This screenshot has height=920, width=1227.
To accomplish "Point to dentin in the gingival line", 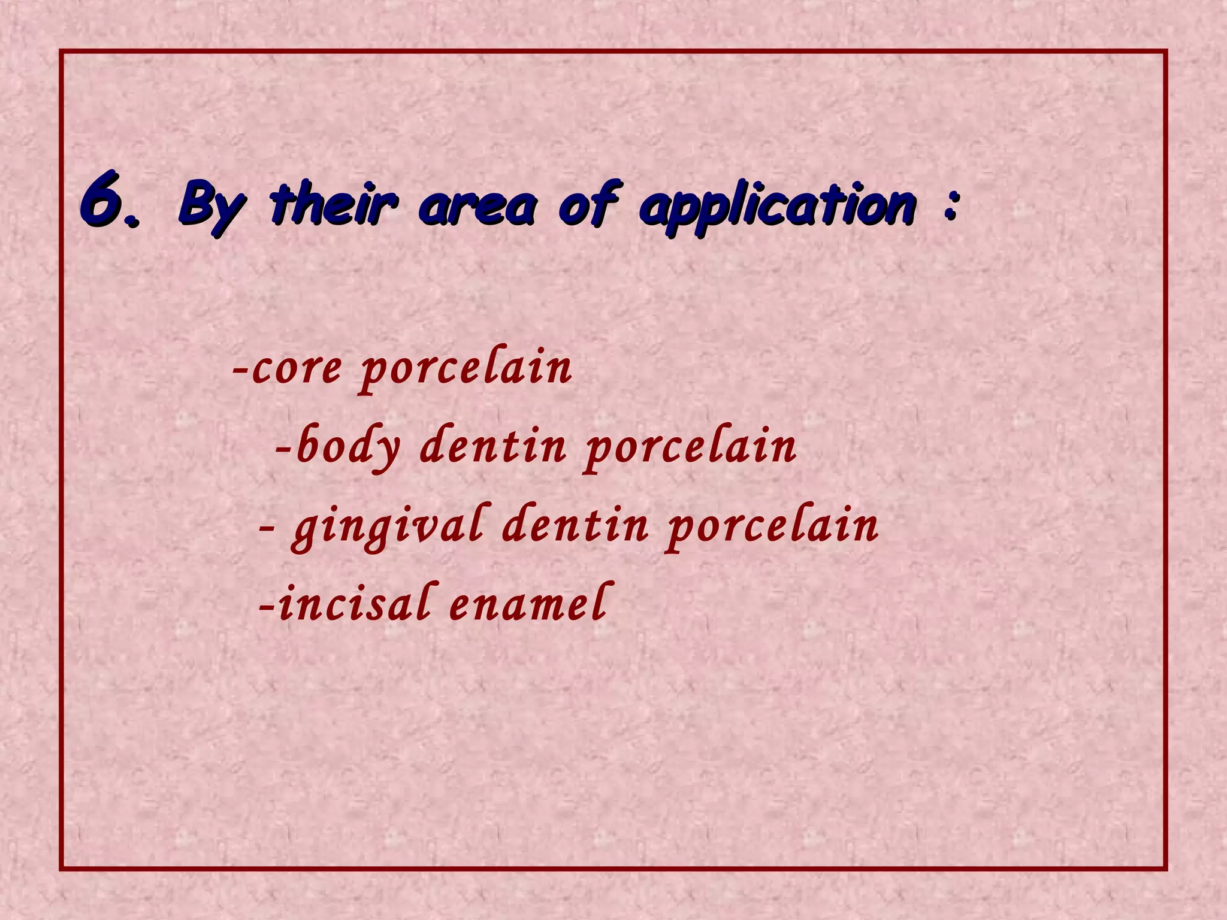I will [575, 526].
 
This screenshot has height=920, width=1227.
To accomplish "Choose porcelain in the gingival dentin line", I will [773, 527].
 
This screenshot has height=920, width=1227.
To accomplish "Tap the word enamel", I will [527, 605].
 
